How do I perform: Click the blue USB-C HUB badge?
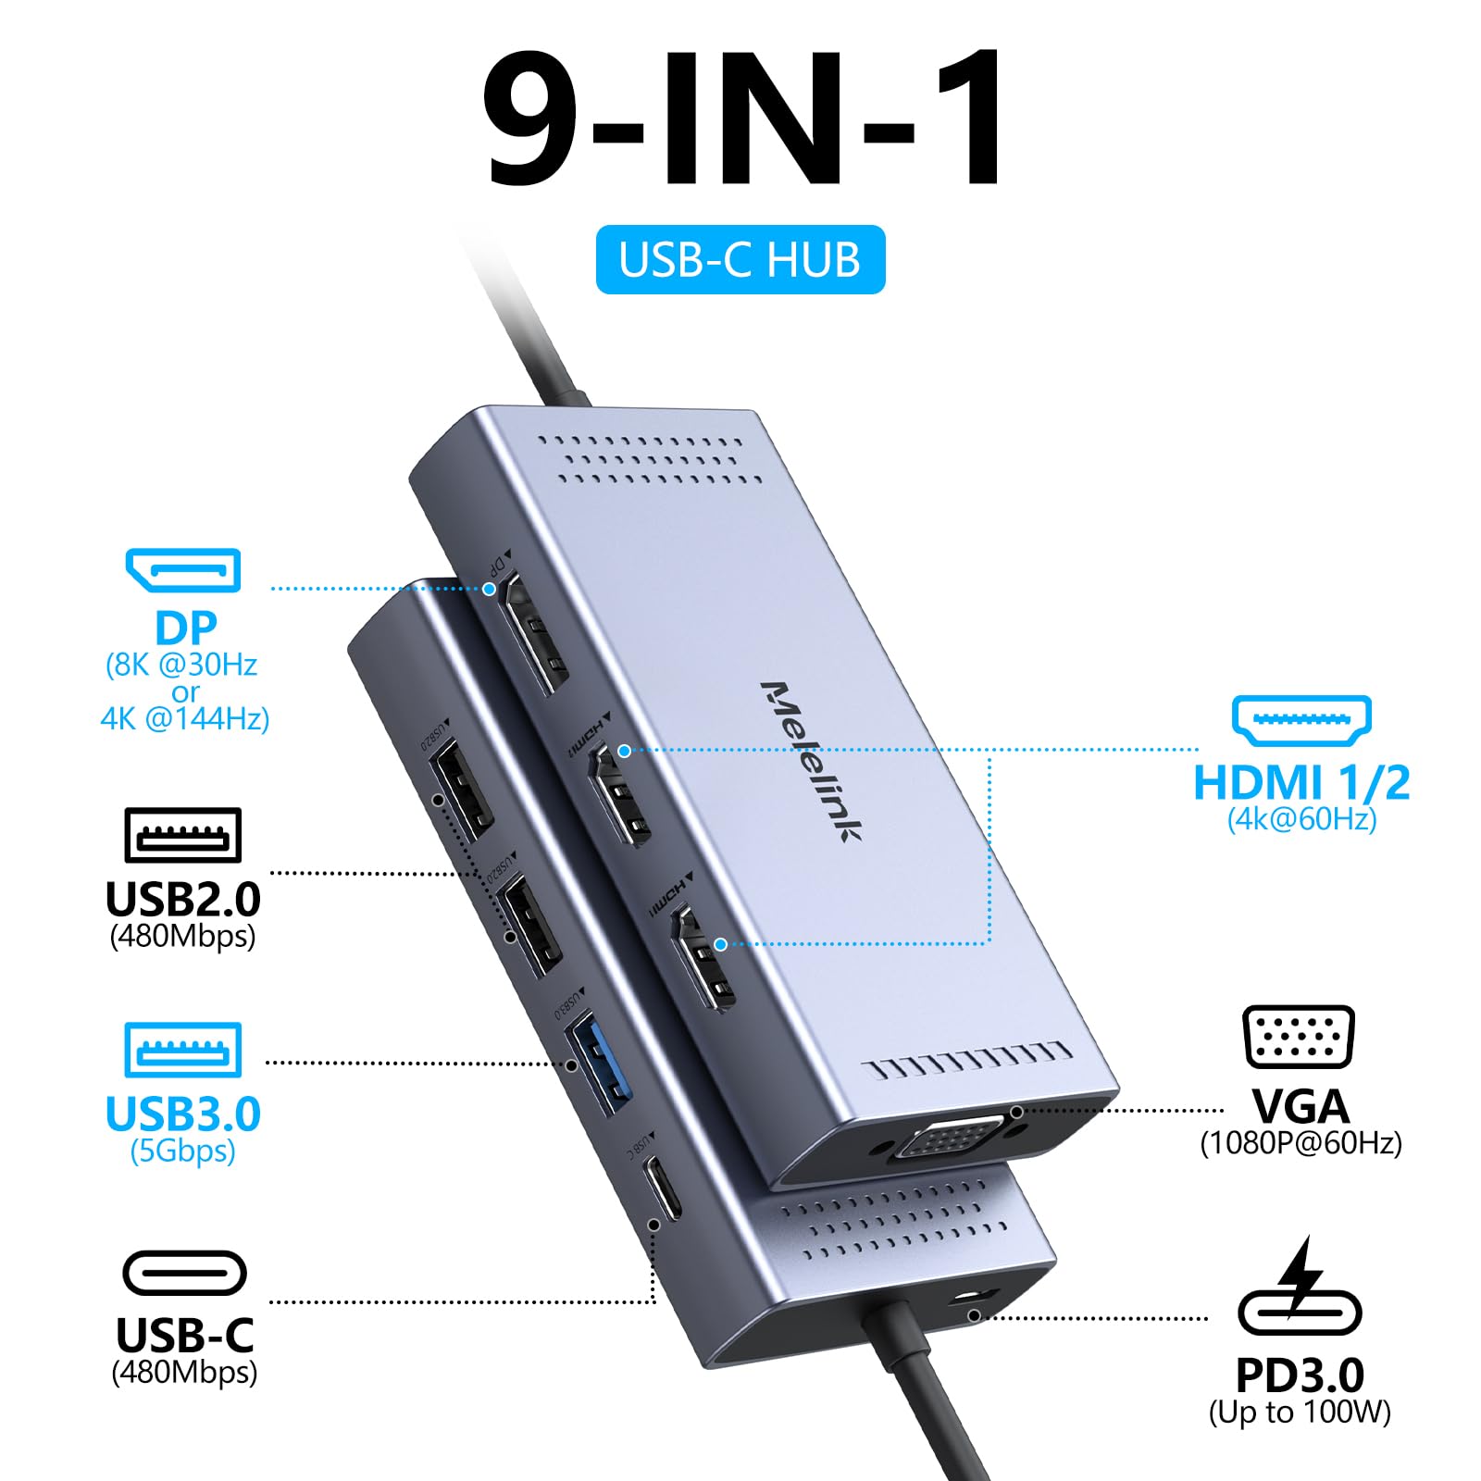tap(740, 260)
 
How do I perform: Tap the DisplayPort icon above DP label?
tap(183, 570)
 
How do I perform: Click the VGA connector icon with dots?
tap(1299, 1037)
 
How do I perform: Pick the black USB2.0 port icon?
tap(183, 835)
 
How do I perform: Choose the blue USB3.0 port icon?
tap(183, 1050)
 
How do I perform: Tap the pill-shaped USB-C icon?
tap(184, 1273)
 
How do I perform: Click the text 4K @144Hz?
tap(185, 719)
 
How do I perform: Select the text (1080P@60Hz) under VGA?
tap(1301, 1143)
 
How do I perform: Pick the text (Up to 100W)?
tap(1300, 1413)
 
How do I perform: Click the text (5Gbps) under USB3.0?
tap(183, 1151)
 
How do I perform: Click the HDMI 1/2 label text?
tap(1301, 783)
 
